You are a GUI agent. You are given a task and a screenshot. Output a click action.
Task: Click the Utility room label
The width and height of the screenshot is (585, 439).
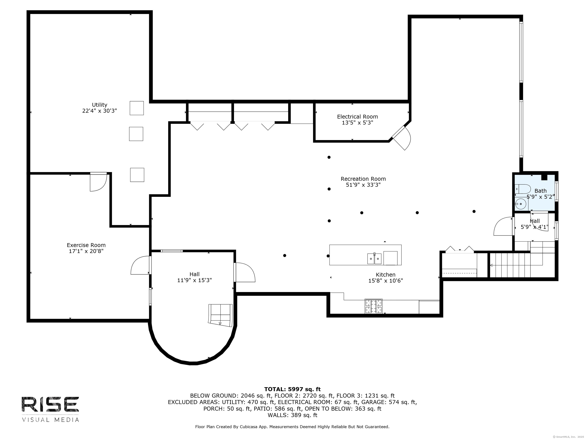(99, 105)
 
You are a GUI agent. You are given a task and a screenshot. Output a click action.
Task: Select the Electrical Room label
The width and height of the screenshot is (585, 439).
(357, 117)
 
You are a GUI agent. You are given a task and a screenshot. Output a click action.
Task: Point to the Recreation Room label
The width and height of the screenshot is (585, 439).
(363, 179)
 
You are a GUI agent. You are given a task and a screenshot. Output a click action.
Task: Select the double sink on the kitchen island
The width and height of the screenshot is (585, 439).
(374, 259)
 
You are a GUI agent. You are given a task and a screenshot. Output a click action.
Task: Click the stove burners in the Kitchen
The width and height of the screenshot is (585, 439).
(373, 306)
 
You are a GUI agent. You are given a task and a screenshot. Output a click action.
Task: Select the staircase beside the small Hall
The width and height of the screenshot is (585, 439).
(516, 265)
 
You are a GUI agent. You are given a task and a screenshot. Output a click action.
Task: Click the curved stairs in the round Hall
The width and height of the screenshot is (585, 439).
(221, 315)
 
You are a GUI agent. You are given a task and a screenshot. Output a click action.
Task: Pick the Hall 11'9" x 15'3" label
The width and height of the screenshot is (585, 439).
(194, 277)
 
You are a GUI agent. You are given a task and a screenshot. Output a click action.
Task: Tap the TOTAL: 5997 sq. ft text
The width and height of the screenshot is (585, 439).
(292, 389)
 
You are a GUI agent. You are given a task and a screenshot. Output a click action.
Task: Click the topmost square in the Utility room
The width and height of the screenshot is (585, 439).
(137, 108)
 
